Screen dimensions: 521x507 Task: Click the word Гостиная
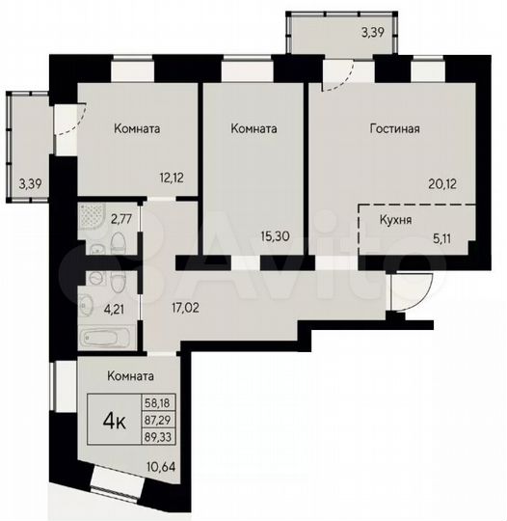(394, 127)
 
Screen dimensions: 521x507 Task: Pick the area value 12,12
(174, 177)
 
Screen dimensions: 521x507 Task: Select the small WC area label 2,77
(120, 219)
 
